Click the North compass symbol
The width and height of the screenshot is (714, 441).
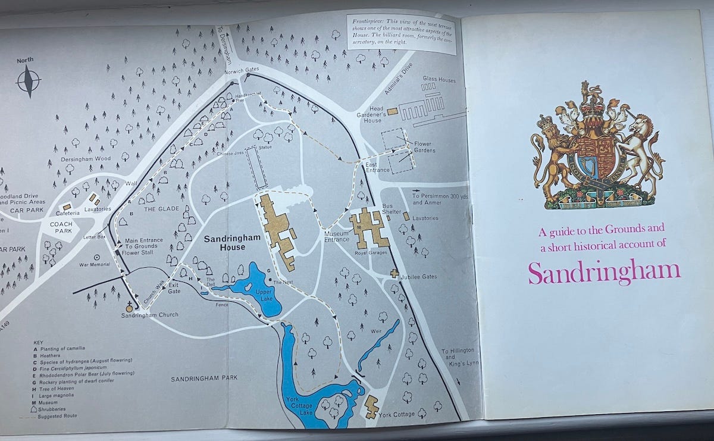pos(29,80)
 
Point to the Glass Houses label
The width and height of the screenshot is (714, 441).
pos(439,78)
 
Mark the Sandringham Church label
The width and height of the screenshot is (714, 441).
pos(150,314)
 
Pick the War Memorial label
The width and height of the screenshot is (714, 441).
pos(95,265)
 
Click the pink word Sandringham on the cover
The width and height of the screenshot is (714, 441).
pos(604,271)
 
